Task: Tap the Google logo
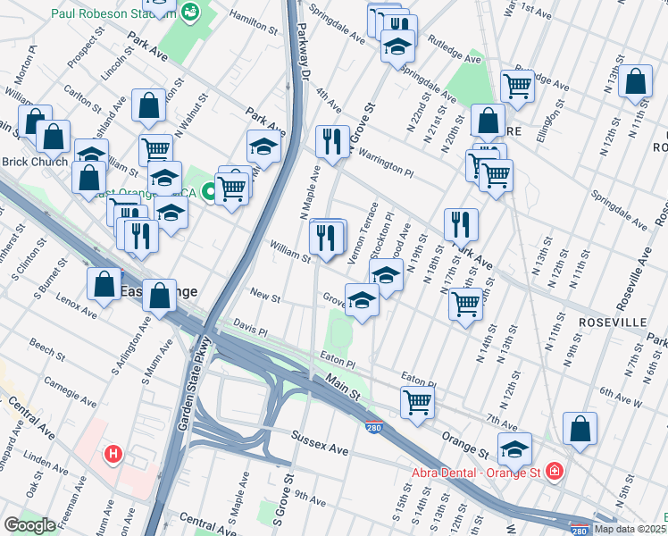[x=30, y=525]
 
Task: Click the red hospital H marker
[x=113, y=454]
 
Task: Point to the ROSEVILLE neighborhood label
[x=612, y=321]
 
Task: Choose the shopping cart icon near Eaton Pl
[x=417, y=402]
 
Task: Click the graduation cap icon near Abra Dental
[x=514, y=448]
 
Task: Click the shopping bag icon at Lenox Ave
[x=104, y=283]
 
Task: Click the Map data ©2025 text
[x=630, y=529]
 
